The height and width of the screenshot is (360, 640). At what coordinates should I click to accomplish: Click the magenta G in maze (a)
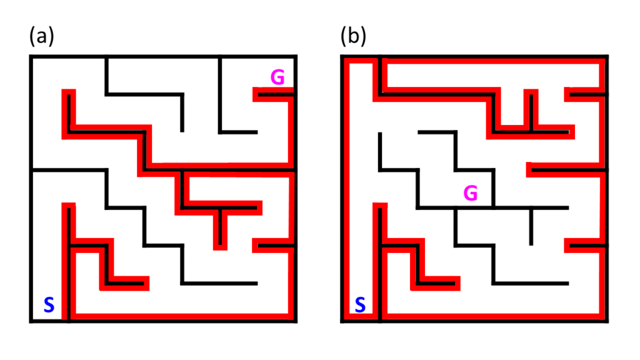(277, 77)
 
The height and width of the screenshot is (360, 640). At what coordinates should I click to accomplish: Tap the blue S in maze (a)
(49, 305)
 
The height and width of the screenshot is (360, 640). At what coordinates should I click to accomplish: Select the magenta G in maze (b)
(471, 193)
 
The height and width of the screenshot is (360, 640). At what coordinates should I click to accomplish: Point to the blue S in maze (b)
(360, 305)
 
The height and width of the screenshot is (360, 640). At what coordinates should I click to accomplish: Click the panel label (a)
(42, 36)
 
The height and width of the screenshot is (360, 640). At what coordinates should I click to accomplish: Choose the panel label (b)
(354, 36)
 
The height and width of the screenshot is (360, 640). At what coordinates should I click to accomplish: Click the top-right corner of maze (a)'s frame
(296, 56)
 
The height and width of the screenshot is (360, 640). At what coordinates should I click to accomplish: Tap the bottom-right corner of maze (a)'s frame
(296, 321)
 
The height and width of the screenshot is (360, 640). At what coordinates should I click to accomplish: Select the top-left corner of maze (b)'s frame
(342, 56)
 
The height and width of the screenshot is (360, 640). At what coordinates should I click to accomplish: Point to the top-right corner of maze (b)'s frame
(607, 56)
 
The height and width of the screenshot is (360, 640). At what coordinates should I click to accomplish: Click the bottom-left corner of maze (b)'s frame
(342, 321)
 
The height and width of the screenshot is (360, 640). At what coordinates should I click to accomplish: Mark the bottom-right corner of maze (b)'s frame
(607, 321)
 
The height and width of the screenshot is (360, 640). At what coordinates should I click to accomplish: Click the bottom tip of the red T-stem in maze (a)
(220, 249)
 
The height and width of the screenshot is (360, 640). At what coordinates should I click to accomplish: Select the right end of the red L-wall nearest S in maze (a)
(147, 283)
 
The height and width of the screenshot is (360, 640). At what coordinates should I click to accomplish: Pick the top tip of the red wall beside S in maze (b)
(380, 204)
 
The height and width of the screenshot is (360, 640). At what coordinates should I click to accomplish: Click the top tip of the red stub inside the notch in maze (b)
(531, 91)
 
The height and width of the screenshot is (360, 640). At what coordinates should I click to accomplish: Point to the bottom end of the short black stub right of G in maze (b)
(531, 244)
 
